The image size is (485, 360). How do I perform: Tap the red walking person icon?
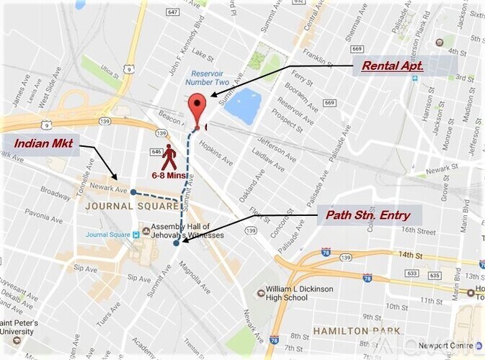coord(169,157)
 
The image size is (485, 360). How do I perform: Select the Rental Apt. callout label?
coord(392,66)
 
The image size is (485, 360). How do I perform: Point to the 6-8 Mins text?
coord(169,175)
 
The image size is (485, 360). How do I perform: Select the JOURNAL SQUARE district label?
coord(119,206)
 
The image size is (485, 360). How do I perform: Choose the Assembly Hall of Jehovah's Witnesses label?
coord(184,231)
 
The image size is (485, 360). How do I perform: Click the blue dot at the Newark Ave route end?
coord(133,192)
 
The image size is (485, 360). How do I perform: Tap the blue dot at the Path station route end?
coord(177,243)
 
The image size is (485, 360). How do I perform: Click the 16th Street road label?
coord(419,232)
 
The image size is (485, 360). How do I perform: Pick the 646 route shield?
coord(156,151)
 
